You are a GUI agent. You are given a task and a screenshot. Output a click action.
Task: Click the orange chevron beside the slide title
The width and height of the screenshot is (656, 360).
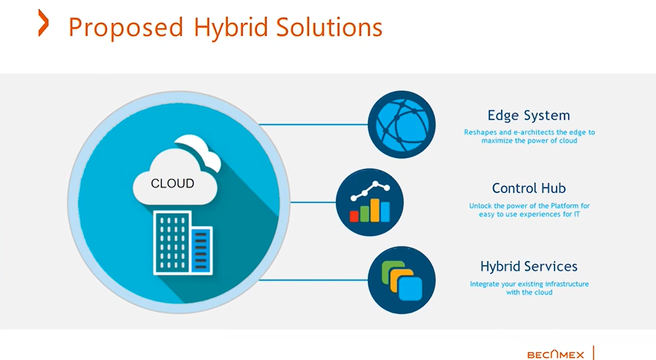click(x=44, y=23)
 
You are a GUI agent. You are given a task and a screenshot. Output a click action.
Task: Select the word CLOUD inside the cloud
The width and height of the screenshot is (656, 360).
click(x=172, y=184)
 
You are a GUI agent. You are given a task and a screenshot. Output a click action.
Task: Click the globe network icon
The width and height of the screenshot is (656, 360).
click(x=401, y=124)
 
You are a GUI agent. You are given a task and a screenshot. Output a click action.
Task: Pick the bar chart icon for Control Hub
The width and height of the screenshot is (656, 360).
click(x=370, y=202)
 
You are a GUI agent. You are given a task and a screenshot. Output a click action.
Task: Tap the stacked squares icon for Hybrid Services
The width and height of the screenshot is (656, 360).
click(x=401, y=280)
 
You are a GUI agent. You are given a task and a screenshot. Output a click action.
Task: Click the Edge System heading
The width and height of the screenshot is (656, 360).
click(x=528, y=116)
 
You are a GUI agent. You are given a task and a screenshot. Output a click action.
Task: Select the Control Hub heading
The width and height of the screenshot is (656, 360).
click(x=528, y=189)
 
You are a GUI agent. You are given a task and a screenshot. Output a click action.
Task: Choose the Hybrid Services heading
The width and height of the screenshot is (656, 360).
click(x=528, y=266)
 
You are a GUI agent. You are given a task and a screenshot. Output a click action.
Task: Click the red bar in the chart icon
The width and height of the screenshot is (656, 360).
click(x=355, y=215)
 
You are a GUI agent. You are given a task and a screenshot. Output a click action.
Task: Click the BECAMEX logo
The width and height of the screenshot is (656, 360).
click(x=555, y=354)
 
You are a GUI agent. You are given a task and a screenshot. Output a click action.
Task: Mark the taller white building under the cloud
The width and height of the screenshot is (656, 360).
click(x=171, y=243)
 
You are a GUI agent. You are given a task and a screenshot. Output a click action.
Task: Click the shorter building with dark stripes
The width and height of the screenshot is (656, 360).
click(x=201, y=249)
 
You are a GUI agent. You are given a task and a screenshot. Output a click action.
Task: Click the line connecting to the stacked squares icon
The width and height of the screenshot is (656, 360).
click(x=319, y=280)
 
